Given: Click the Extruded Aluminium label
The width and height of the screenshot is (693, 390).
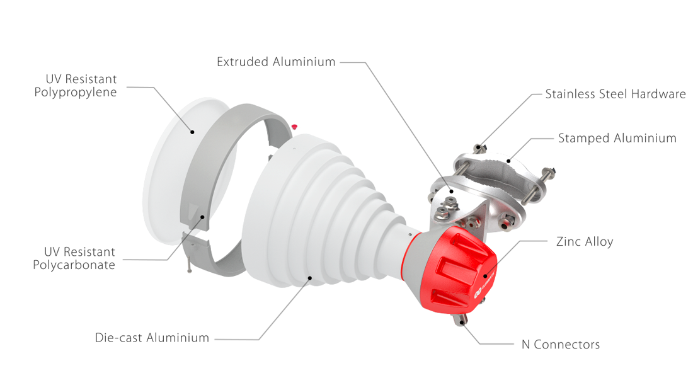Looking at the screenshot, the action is [276, 62].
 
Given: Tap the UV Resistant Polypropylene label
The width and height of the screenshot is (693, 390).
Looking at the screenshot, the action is [76, 86].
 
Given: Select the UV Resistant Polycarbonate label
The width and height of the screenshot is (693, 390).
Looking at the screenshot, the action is [74, 258].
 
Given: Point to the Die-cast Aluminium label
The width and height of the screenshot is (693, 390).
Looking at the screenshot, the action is [152, 338].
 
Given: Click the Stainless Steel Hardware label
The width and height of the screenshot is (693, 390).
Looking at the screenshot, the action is [616, 94].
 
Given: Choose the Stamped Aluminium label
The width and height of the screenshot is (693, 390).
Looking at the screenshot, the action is [617, 139].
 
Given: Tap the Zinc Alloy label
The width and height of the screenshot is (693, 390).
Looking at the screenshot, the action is [585, 241].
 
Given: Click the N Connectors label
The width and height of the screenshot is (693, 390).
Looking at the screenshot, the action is [561, 345].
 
